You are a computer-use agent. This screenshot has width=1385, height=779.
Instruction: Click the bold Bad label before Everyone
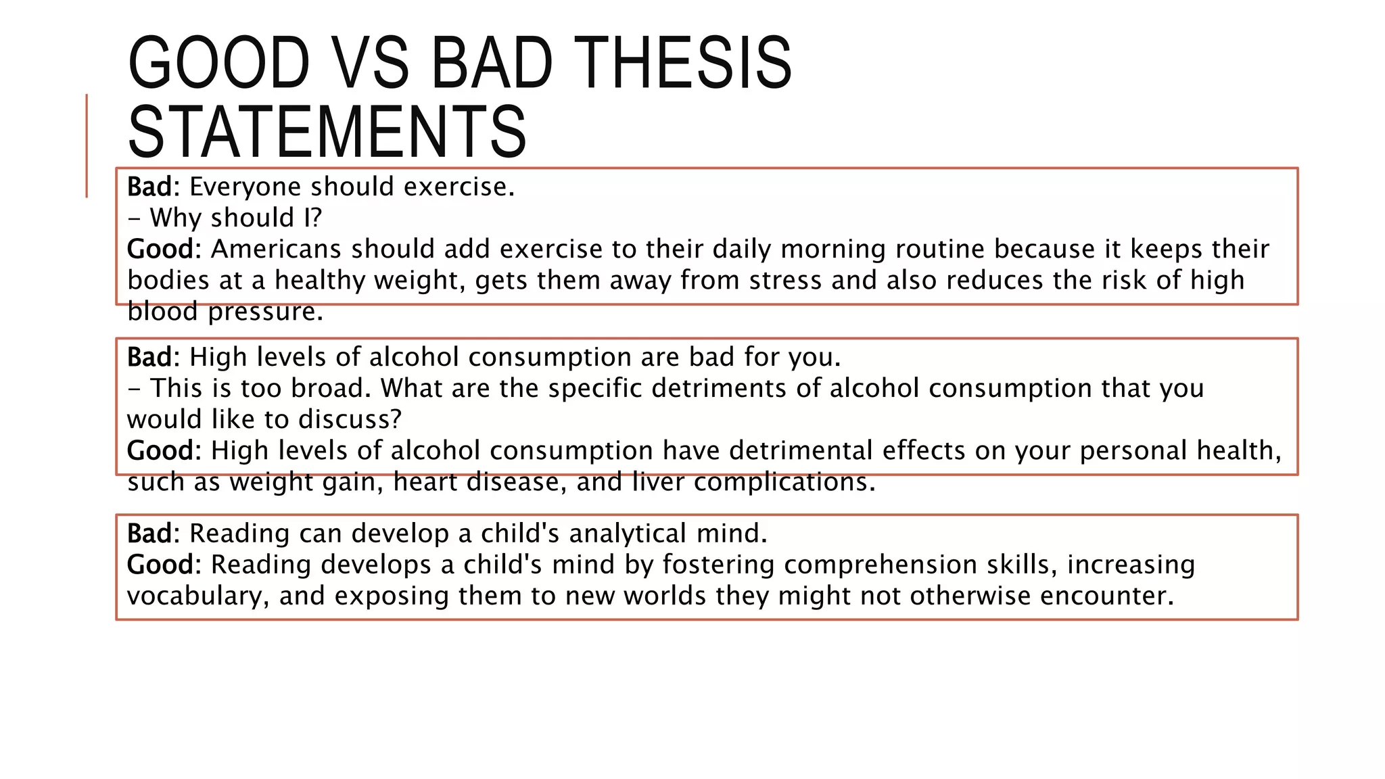pos(149,187)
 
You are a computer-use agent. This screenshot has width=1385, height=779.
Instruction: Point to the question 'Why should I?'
pos(235,218)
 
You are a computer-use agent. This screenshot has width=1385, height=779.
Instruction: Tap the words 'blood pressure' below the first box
pos(225,311)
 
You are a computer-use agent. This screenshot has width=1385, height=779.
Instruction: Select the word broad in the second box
pos(330,388)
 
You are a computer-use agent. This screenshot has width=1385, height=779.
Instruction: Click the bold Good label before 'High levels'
pos(160,450)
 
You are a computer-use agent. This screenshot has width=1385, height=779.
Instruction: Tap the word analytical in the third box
pos(628,534)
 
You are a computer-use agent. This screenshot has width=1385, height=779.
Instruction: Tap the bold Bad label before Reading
pos(149,534)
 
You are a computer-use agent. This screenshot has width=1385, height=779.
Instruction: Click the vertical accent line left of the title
pos(87,145)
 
